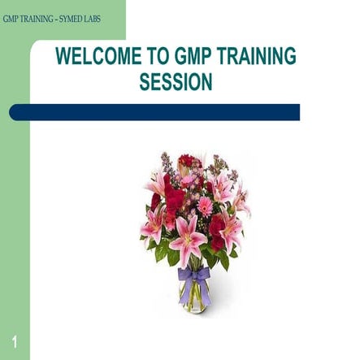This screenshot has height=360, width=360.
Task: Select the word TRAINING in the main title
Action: click(x=258, y=57)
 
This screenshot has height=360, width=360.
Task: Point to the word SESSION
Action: click(x=176, y=82)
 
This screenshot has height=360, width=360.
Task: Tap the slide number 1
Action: click(x=15, y=340)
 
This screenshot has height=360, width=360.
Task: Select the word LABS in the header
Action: click(x=90, y=18)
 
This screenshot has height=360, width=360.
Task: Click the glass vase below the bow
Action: click(x=194, y=297)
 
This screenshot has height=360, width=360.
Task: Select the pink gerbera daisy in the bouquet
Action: click(x=204, y=206)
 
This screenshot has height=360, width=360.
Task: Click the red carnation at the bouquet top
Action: click(x=189, y=161)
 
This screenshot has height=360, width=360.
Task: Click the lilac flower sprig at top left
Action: click(x=166, y=163)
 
